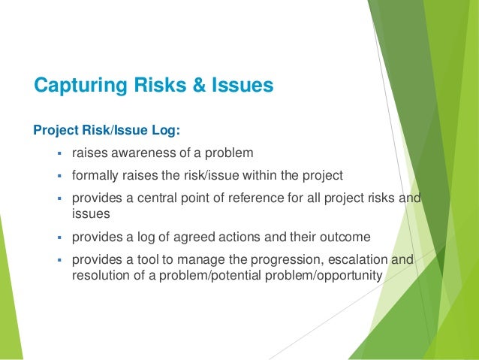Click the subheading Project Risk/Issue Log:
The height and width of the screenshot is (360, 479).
[107, 131]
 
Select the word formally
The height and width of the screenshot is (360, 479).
[95, 176]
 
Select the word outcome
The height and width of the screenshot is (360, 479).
[346, 237]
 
